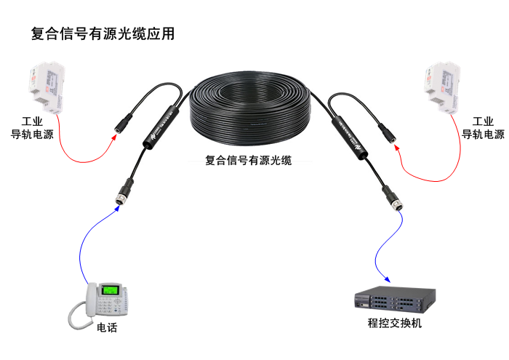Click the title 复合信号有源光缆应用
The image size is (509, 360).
pos(103,34)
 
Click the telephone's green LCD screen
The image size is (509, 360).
pos(111,291)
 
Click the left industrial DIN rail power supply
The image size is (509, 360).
pos(44,88)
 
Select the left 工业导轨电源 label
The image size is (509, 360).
pos(32,127)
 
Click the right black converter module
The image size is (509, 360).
pos(348,131)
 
